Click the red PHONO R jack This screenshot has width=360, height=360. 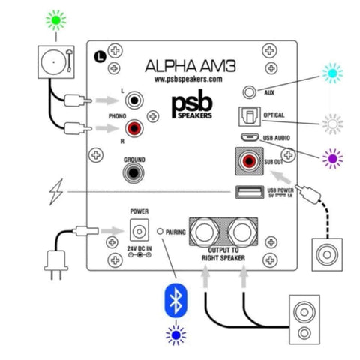tap(136, 129)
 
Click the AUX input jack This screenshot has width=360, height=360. tap(250, 91)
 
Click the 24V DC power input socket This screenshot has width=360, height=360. tap(136, 228)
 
